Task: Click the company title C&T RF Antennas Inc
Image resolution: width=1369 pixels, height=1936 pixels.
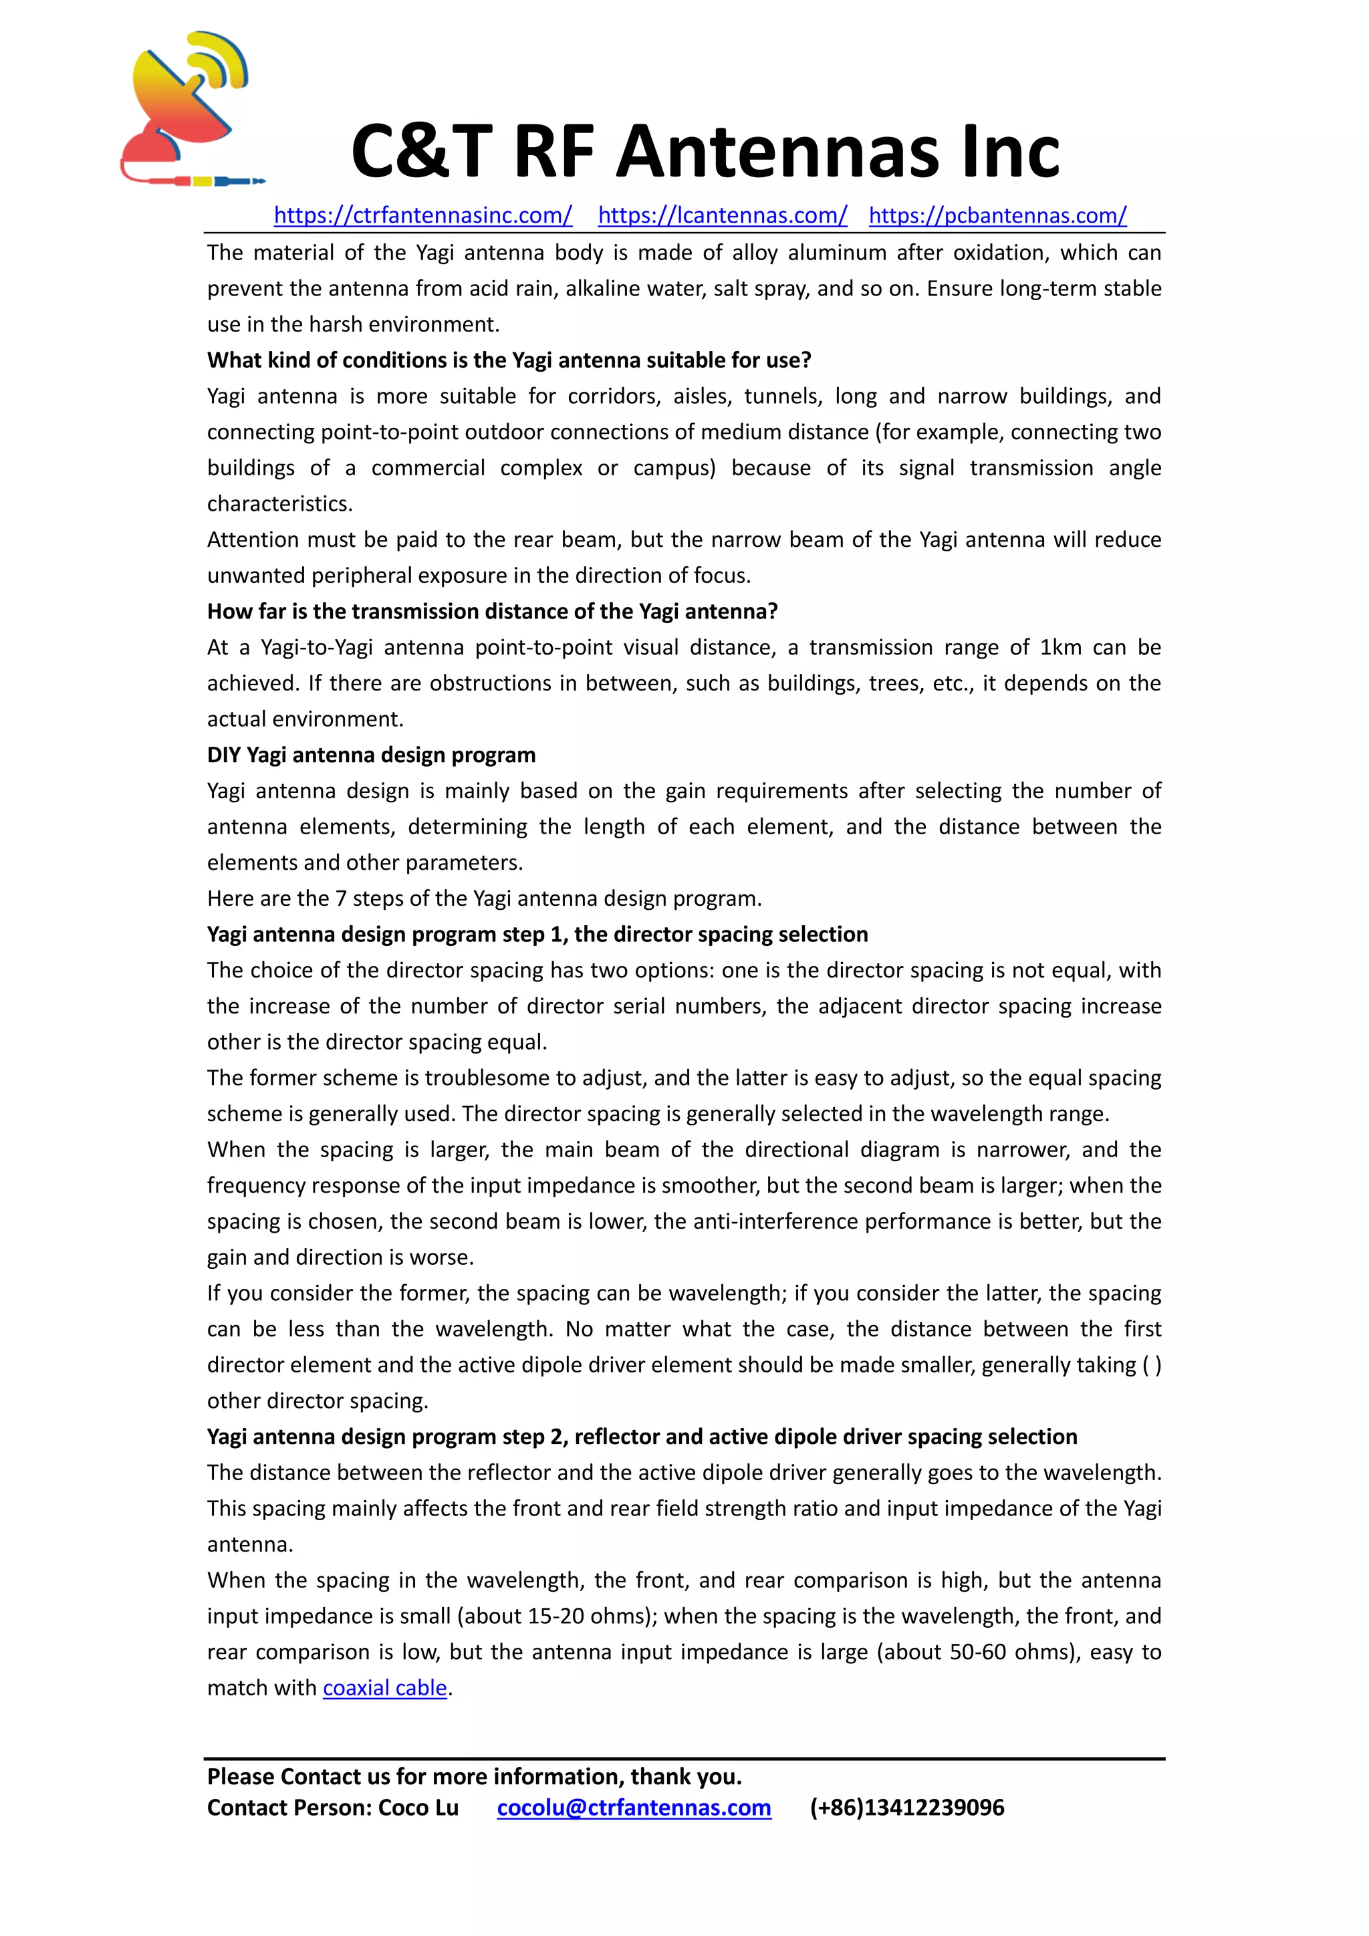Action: (705, 152)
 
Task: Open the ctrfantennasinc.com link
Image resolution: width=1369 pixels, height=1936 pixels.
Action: (422, 216)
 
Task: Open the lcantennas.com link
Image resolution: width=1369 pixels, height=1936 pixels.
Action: (723, 216)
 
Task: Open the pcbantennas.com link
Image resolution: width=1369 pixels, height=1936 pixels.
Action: (997, 216)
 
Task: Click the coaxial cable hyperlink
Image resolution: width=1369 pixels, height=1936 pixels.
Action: (384, 1688)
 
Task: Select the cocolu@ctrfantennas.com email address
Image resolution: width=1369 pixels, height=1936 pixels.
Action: (634, 1808)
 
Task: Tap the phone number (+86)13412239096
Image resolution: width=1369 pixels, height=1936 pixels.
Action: (907, 1808)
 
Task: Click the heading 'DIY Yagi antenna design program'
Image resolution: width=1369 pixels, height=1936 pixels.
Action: (371, 755)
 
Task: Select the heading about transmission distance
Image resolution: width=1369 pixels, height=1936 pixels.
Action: (492, 611)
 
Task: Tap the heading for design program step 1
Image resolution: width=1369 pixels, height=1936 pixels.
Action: (537, 935)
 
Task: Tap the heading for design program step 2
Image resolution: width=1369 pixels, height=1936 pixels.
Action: (642, 1437)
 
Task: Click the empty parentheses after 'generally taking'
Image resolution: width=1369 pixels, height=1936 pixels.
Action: (1152, 1365)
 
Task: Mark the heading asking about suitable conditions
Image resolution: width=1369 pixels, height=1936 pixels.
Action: (508, 360)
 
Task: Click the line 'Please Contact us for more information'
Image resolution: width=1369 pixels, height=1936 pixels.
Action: (474, 1777)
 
